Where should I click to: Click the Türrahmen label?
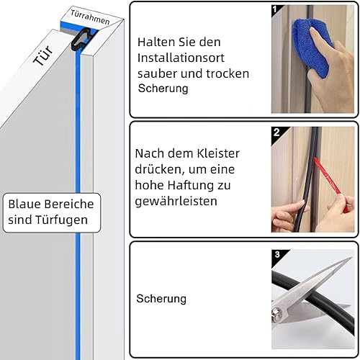[x=90, y=17]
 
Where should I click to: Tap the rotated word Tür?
[x=43, y=56]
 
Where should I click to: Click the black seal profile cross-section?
[x=81, y=39]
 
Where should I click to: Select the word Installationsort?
[x=181, y=58]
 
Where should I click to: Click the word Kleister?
[x=218, y=153]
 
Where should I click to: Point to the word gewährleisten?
[x=176, y=201]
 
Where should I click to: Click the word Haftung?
[x=190, y=185]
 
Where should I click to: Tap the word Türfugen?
[x=61, y=220]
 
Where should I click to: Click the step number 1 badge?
[x=275, y=9]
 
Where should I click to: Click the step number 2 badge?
[x=276, y=132]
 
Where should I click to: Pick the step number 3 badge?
[x=277, y=255]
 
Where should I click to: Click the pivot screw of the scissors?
[x=276, y=313]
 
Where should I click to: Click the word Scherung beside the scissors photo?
[x=161, y=299]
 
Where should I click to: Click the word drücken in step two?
[x=159, y=169]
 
